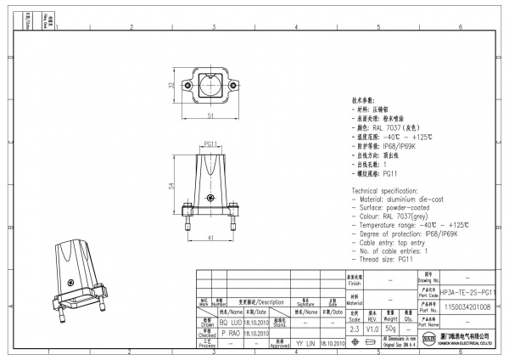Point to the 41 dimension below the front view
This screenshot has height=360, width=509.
click(x=209, y=239)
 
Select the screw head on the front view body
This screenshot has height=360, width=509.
click(x=210, y=199)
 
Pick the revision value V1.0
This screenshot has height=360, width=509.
click(x=372, y=326)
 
